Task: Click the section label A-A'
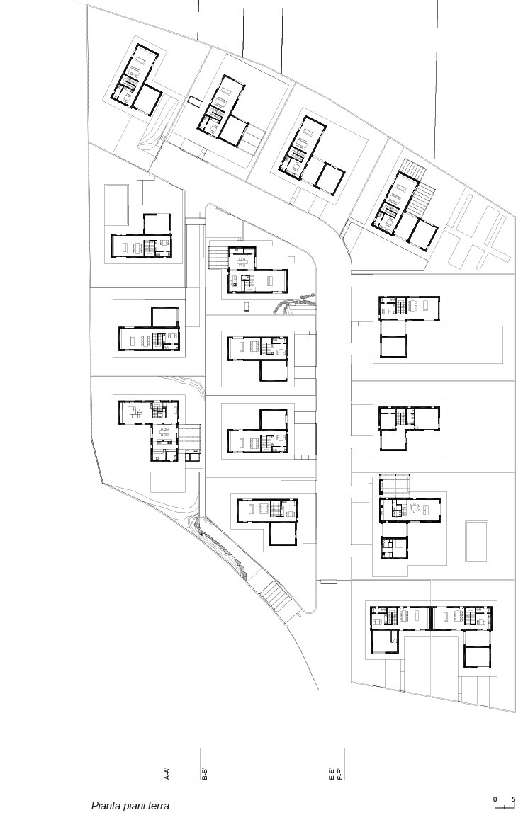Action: (167, 773)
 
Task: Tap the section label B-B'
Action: (205, 773)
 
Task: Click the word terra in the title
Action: (158, 805)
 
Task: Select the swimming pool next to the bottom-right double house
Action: (476, 541)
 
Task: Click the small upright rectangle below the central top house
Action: (247, 306)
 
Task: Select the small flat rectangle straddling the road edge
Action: (329, 581)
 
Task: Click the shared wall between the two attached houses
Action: (431, 617)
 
